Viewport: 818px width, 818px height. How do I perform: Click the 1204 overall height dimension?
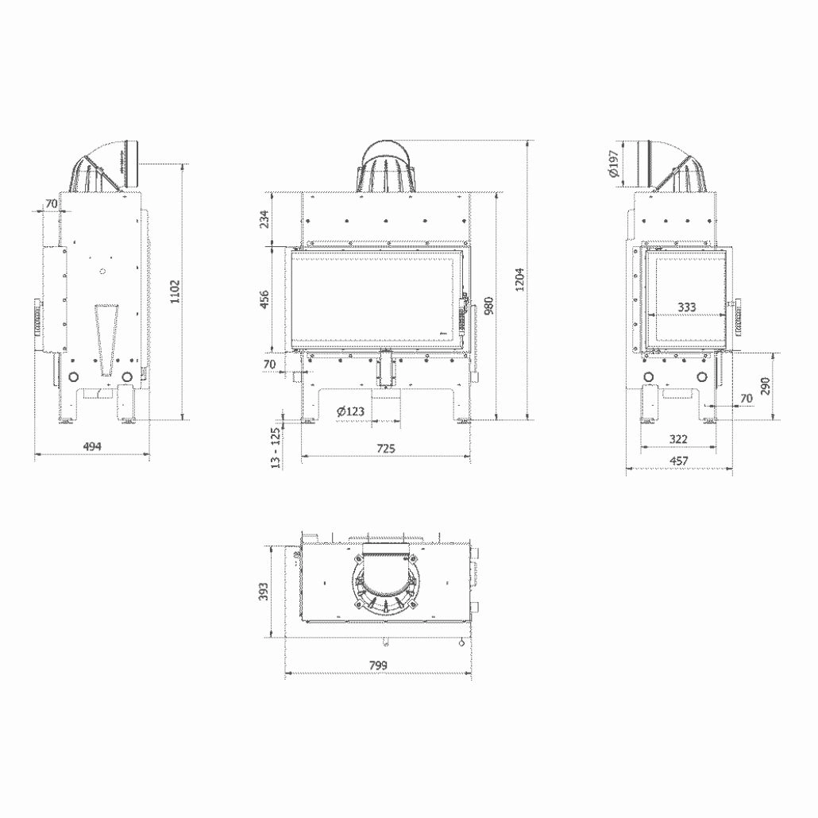point(519,279)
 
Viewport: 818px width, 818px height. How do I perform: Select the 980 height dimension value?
point(489,306)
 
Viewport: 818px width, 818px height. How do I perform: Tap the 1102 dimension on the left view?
point(176,290)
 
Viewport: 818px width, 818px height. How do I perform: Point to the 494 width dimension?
point(93,447)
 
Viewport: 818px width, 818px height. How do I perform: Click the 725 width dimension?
point(385,449)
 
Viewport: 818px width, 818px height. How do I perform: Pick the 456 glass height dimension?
point(265,299)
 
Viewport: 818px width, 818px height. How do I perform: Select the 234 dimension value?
point(265,218)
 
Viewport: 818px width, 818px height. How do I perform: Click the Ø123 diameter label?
point(349,411)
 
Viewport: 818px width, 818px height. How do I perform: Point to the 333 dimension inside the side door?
point(688,307)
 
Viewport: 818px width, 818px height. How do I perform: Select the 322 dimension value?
point(678,438)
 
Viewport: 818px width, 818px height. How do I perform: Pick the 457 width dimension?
point(678,461)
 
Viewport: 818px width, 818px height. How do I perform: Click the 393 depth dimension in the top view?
point(265,590)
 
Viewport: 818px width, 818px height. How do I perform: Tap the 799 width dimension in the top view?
point(378,665)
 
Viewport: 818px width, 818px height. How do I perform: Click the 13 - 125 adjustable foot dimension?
point(275,446)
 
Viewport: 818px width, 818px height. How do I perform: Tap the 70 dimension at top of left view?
point(51,204)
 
